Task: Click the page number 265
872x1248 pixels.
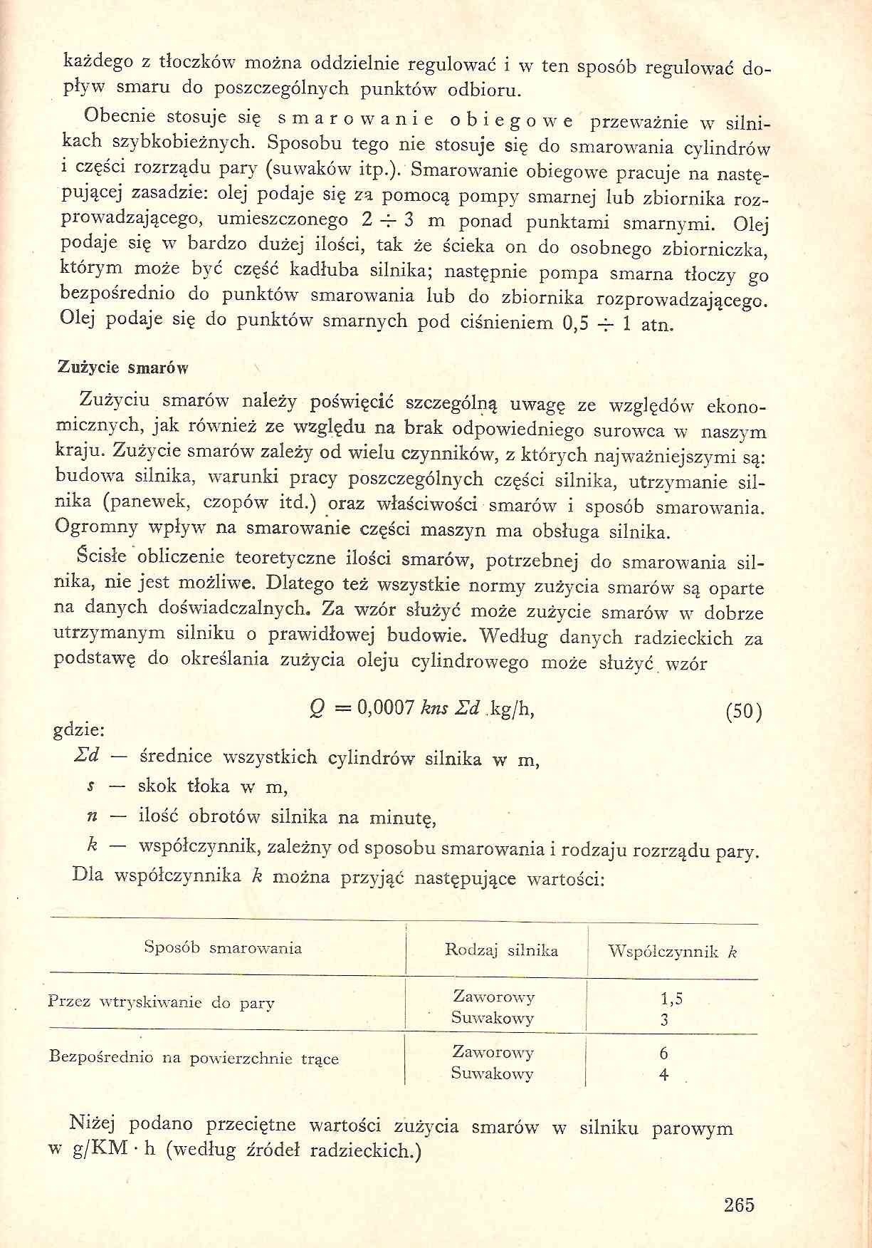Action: pos(738,1205)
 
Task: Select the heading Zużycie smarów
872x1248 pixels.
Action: pos(122,368)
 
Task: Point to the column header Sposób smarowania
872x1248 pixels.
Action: pos(223,947)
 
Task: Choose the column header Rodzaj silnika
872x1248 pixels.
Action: pos(501,950)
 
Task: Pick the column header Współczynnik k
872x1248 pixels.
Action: pos(672,952)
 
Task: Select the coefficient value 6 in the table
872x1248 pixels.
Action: pos(664,1053)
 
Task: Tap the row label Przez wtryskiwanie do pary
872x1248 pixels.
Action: pos(161,1002)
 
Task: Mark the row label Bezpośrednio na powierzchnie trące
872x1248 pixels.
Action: pos(194,1057)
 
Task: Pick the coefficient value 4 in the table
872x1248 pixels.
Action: pos(664,1074)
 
